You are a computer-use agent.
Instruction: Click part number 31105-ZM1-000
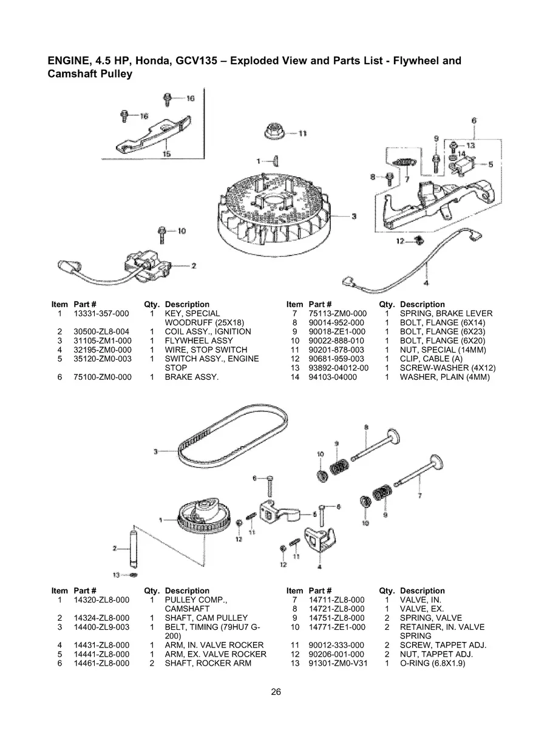(x=102, y=341)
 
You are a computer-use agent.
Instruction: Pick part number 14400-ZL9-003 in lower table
(x=102, y=627)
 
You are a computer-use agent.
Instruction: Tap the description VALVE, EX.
(x=421, y=609)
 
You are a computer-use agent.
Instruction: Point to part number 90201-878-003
(x=336, y=350)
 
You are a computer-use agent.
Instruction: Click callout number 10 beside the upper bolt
(x=181, y=231)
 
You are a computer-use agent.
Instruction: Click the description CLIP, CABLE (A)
(x=431, y=359)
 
